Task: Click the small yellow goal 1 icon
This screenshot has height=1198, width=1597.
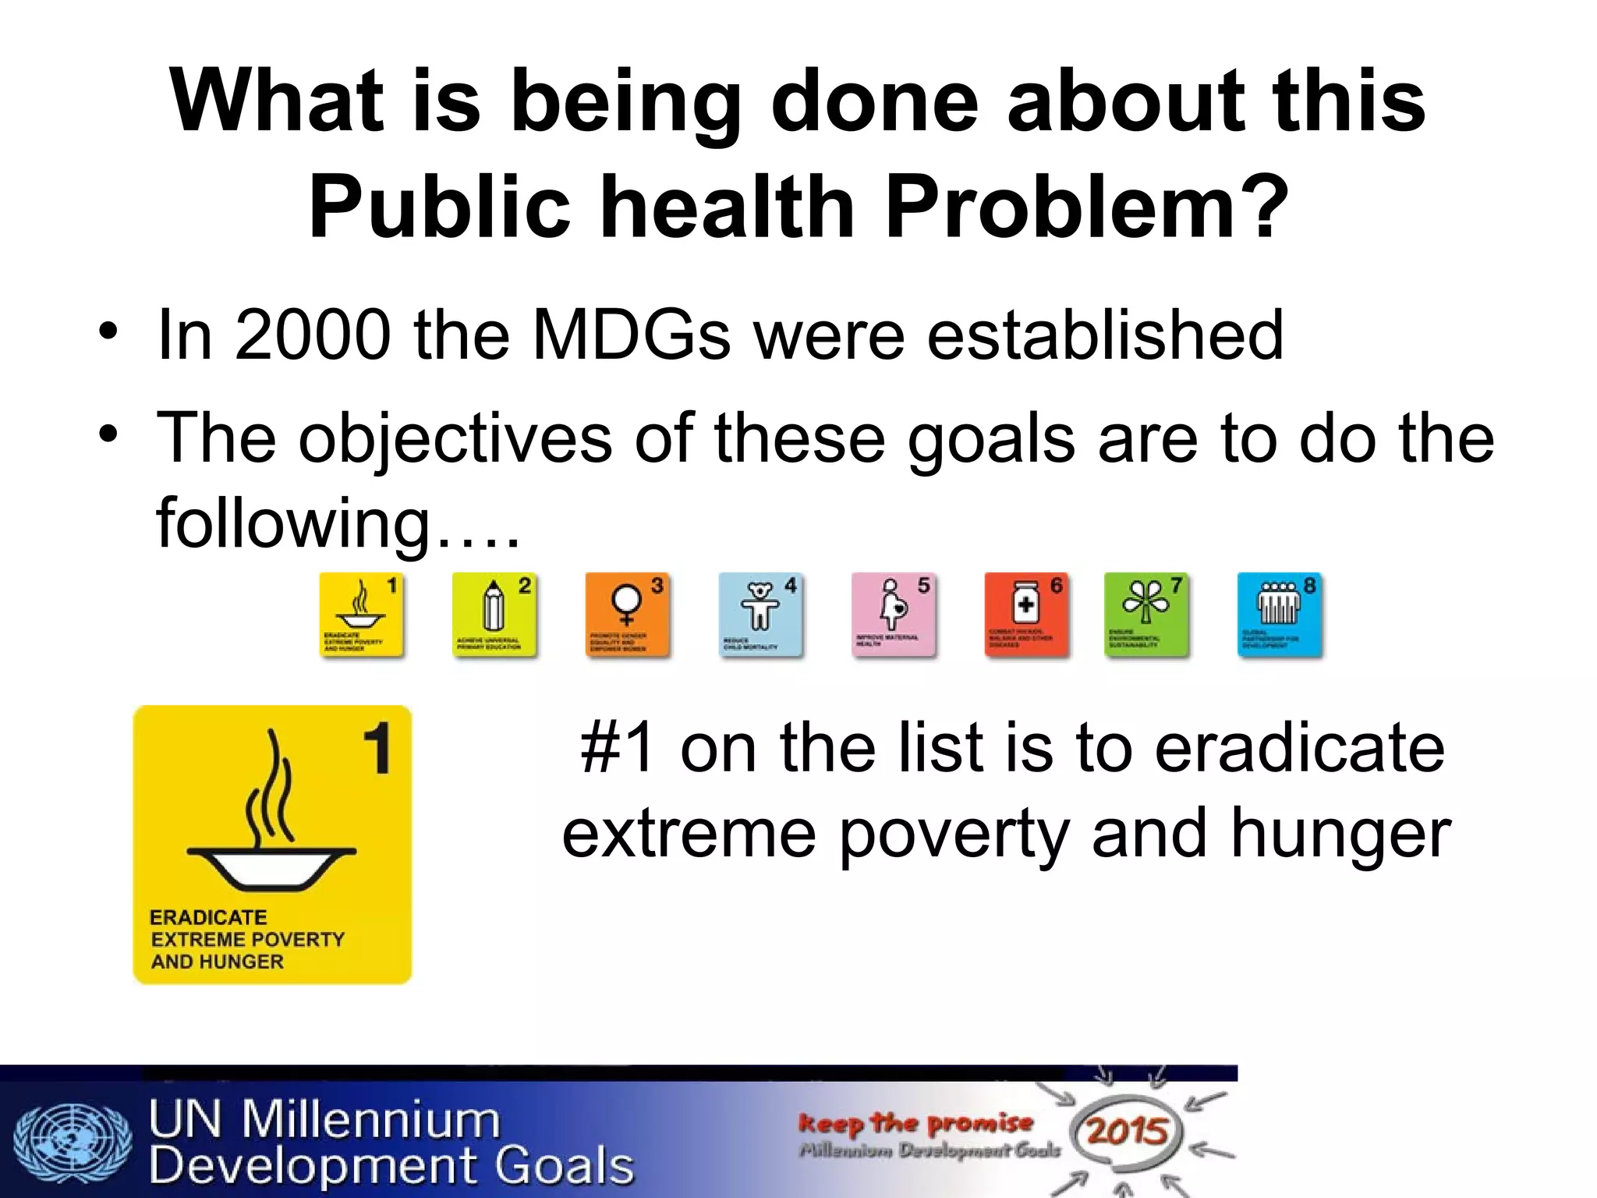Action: (362, 615)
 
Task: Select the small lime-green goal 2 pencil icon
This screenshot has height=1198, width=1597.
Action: (494, 615)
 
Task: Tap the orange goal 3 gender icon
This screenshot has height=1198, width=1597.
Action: (628, 615)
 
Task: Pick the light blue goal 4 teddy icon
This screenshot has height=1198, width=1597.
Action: (761, 615)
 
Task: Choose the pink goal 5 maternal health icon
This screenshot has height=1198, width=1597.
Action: (894, 615)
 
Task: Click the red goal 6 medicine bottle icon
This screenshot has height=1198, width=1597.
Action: (1026, 615)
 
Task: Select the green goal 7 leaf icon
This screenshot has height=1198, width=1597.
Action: (1146, 615)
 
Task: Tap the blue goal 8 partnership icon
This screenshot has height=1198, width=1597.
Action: (1280, 615)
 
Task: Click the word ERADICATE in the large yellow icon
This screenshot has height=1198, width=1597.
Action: (208, 917)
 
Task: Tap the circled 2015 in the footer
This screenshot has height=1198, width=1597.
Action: (1127, 1131)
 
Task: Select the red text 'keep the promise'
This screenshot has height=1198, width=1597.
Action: (915, 1123)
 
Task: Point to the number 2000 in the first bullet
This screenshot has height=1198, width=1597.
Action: (313, 335)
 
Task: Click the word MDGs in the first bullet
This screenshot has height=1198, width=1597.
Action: (630, 335)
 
